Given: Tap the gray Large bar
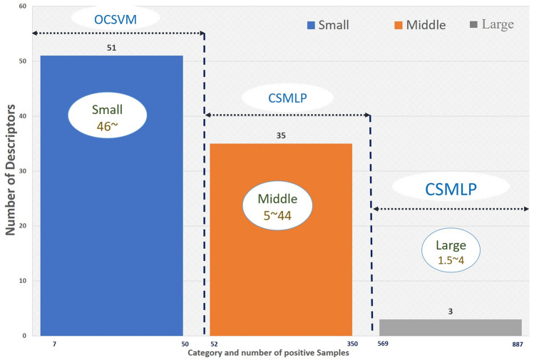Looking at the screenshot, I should [450, 327].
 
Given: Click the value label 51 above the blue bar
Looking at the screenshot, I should [111, 49].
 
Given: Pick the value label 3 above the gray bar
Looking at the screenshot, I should [450, 312].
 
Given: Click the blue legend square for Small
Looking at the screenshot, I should [311, 25].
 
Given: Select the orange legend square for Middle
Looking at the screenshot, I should [398, 25].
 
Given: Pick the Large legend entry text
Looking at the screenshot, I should [498, 24].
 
